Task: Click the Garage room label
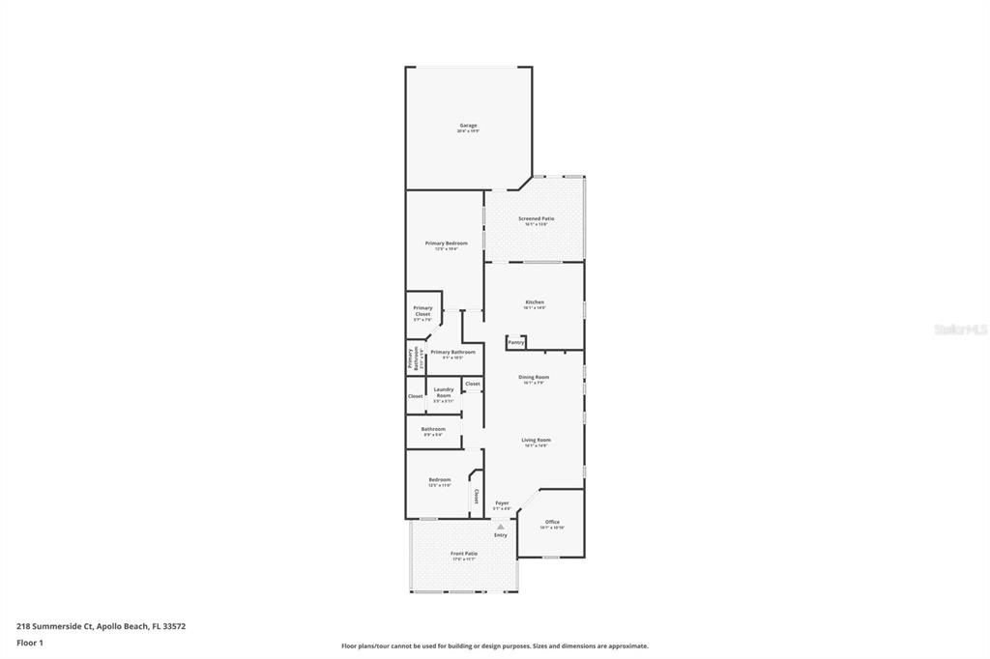tap(468, 126)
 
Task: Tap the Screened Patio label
tap(536, 219)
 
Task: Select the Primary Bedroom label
tap(446, 244)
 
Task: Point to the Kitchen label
tap(535, 302)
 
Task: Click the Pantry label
tap(516, 342)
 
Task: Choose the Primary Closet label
tap(422, 311)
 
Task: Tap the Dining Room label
tap(534, 377)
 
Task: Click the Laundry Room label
tap(444, 392)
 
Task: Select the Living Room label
tap(536, 441)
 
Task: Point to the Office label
tap(552, 523)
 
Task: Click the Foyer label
tap(502, 503)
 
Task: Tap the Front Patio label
tap(464, 554)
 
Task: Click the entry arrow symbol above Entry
tap(500, 527)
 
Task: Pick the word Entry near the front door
tap(500, 535)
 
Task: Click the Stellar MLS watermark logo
tap(960, 329)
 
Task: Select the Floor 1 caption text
tap(30, 643)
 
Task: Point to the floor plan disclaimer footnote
tap(494, 646)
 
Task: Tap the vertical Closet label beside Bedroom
tap(476, 496)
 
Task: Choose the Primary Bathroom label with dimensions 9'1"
tap(452, 353)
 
